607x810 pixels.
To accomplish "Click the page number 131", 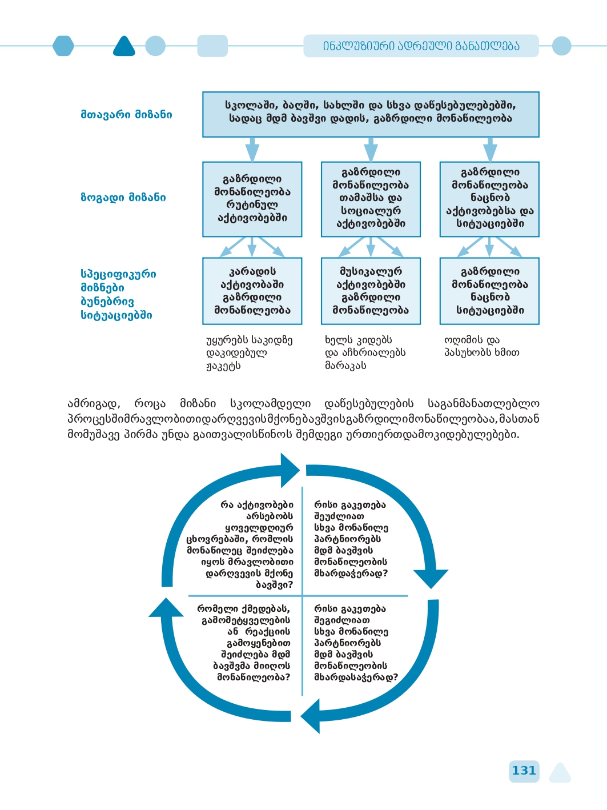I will click(x=524, y=771).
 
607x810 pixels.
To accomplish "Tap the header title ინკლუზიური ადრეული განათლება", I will click(x=421, y=46).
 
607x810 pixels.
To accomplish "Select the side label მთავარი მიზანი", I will click(x=126, y=114).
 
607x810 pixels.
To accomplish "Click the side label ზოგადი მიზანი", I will click(x=123, y=198).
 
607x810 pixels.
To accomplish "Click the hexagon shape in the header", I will click(x=63, y=46).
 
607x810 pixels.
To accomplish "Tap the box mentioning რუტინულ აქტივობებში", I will click(x=252, y=199).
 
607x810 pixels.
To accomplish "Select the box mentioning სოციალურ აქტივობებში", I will click(x=371, y=199).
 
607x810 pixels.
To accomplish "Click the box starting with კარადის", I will click(x=252, y=291).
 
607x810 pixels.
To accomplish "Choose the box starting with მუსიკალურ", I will click(x=371, y=291).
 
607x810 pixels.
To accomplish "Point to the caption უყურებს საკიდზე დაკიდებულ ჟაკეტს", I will click(x=249, y=352).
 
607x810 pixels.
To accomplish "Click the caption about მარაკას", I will click(x=365, y=352).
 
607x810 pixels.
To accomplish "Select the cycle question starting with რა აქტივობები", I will click(x=241, y=544).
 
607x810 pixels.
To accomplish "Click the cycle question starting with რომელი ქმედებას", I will click(x=244, y=643).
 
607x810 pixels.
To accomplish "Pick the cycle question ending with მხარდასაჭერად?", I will click(x=355, y=643).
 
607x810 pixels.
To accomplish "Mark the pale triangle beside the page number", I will click(x=560, y=773).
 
